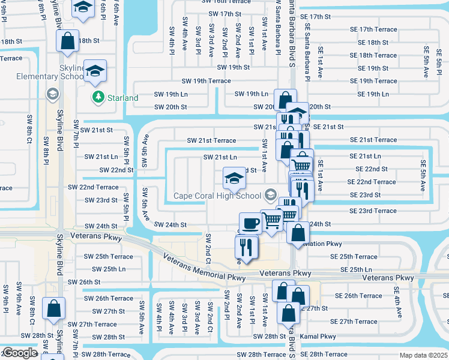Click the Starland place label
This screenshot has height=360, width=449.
122,97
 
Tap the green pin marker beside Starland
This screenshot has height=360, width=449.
97,97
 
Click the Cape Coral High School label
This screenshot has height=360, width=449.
217,195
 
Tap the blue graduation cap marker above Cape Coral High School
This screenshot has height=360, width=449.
234,177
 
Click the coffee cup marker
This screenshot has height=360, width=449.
250,223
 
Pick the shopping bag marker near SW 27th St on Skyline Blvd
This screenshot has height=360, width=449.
54,308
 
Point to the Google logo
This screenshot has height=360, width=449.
19,353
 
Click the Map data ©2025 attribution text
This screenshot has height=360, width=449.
423,355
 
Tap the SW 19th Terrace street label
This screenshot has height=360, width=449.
206,81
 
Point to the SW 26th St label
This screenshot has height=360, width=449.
83,281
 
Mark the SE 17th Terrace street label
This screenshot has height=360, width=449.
377,29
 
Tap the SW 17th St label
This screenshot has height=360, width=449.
224,13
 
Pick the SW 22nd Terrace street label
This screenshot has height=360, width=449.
93,187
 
